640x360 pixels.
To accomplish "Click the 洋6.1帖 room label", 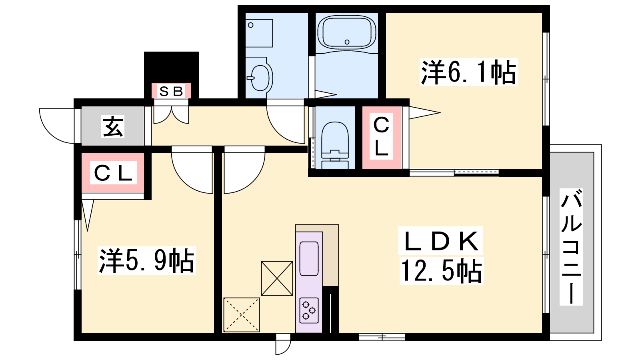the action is click(x=468, y=72).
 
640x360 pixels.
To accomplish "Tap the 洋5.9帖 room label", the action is click(x=146, y=260).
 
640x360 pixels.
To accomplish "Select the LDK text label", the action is click(x=441, y=240).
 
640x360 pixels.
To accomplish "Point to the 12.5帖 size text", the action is click(x=442, y=271).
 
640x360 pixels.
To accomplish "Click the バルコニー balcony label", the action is click(x=571, y=247).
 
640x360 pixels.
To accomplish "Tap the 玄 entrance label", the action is click(x=113, y=126).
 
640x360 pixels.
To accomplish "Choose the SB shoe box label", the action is click(x=171, y=92).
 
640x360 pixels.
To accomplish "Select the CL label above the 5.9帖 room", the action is click(x=113, y=172).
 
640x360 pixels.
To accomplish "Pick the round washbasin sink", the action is click(x=260, y=77).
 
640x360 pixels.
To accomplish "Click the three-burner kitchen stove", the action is click(x=309, y=310).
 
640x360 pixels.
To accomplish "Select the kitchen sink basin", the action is click(x=309, y=258).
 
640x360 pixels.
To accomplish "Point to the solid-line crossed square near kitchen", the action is click(x=277, y=278).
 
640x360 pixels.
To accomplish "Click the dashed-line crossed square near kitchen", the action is click(x=242, y=315).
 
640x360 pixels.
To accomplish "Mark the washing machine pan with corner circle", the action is click(x=259, y=33).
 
